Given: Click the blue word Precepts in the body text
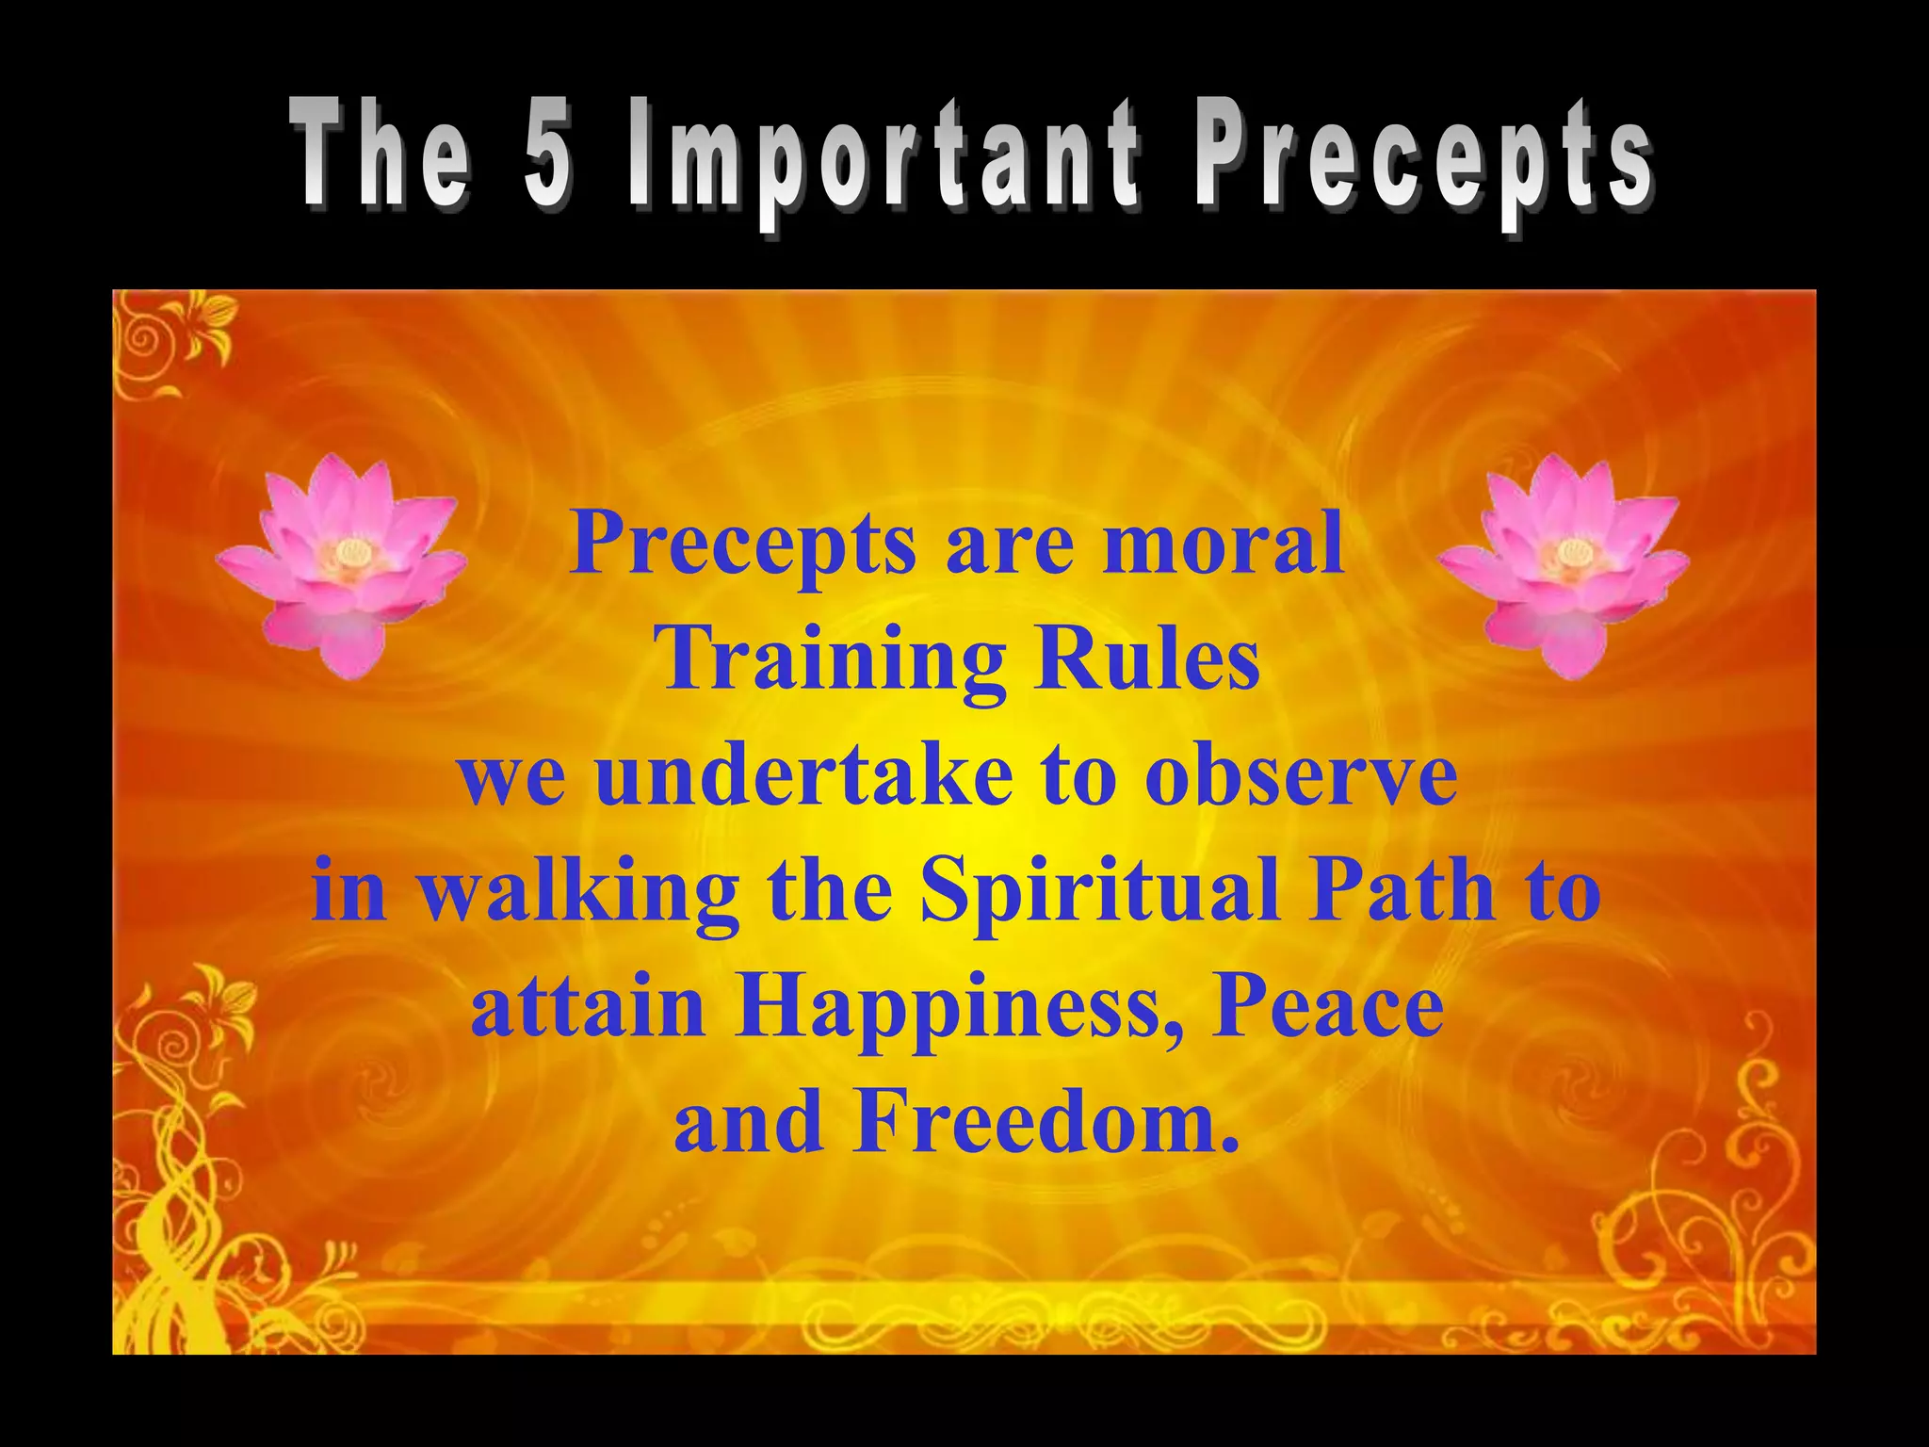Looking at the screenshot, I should (742, 545).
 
